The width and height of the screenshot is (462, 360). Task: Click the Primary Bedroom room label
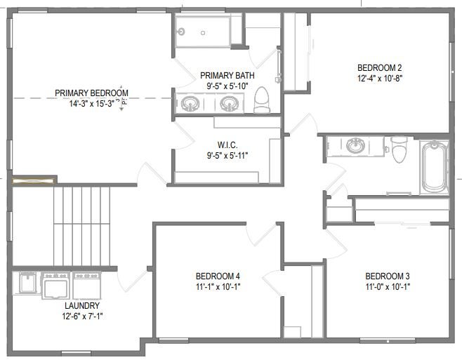91,93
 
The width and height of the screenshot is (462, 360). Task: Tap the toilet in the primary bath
262,100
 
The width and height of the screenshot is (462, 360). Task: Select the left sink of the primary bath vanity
190,104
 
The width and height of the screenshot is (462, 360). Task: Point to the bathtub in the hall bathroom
434,167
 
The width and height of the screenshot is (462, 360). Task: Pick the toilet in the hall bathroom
400,149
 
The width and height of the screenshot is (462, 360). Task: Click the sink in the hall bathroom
355,145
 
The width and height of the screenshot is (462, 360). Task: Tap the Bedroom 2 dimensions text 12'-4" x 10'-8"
380,79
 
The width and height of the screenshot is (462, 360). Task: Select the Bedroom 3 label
387,276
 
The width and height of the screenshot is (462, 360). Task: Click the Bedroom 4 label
218,276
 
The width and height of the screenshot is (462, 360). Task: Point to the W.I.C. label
227,145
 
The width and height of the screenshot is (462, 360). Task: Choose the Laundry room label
82,305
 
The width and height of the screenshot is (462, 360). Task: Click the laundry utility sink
27,283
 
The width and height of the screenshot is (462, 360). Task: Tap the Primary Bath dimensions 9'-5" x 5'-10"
227,86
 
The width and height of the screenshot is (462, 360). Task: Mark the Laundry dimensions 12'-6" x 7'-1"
82,316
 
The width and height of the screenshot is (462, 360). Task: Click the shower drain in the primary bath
203,33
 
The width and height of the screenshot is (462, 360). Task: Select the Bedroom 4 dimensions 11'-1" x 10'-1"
218,286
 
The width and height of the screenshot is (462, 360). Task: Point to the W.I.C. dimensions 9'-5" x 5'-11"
227,155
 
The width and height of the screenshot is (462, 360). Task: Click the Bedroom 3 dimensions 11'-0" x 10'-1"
388,286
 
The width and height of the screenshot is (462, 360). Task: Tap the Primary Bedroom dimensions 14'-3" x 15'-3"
92,104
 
